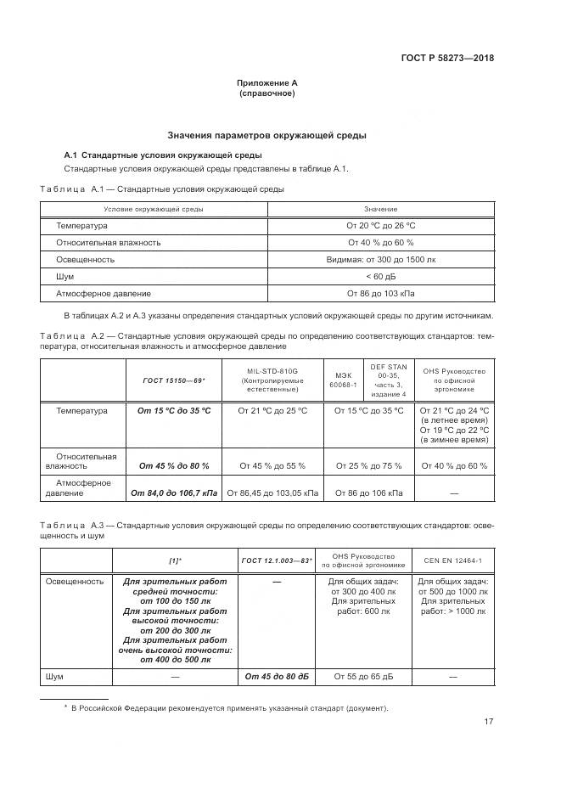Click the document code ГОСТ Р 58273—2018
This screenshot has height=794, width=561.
[x=446, y=59]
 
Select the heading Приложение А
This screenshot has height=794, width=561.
[x=267, y=82]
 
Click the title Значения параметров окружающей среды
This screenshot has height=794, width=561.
[x=266, y=135]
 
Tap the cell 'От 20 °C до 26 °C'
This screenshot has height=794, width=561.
[x=380, y=226]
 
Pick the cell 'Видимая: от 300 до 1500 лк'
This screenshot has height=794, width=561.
[x=380, y=260]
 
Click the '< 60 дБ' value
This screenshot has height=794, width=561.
[x=380, y=277]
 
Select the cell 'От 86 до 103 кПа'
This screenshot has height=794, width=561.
[x=380, y=294]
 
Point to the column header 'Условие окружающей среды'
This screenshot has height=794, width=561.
[x=154, y=209]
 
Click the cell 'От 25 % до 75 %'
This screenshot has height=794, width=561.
[x=368, y=466]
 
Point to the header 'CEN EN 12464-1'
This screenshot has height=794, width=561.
[x=454, y=561]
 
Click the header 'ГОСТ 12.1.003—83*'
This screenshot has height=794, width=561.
[x=277, y=561]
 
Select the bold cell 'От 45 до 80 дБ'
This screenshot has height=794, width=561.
[x=277, y=677]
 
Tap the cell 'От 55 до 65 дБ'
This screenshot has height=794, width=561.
[x=362, y=677]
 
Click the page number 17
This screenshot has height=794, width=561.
[x=488, y=723]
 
